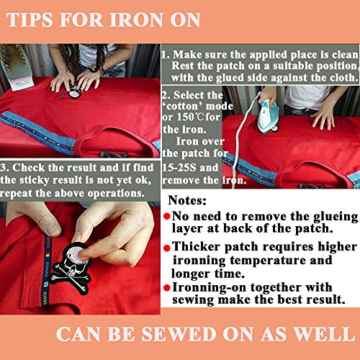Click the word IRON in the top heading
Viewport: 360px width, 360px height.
136,19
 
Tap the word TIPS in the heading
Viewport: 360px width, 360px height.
30,19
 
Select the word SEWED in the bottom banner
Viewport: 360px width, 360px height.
179,334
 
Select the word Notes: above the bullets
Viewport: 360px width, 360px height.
187,200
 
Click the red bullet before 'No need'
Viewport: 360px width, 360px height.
166,217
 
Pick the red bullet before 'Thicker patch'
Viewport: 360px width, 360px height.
166,248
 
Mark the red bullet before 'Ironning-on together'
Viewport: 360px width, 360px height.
166,287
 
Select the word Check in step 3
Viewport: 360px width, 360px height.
28,168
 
